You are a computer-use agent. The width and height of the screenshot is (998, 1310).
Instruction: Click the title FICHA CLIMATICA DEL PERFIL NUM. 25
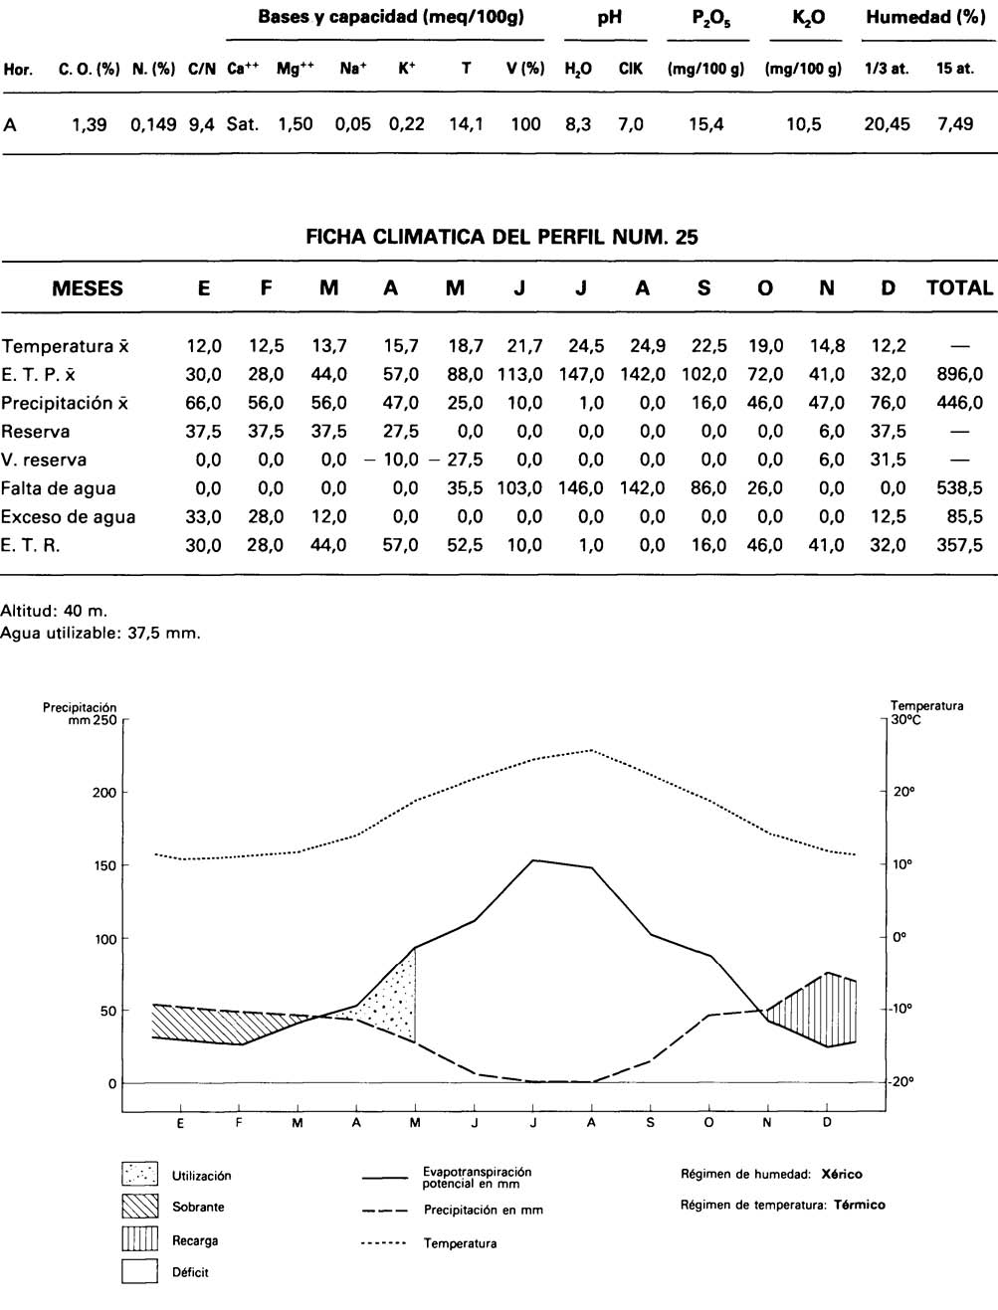click(x=501, y=237)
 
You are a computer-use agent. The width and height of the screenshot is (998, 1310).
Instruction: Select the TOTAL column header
click(x=959, y=288)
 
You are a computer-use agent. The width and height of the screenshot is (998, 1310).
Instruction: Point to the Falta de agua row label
click(x=58, y=488)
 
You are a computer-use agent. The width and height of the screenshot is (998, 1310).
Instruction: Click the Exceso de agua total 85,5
click(x=965, y=517)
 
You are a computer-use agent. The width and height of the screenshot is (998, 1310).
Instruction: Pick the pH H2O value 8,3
click(x=578, y=124)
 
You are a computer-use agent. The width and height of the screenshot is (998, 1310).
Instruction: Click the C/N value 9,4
click(x=201, y=124)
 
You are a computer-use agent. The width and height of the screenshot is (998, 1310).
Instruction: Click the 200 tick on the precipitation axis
click(x=104, y=793)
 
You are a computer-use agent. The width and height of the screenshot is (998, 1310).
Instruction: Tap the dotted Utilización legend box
click(x=140, y=1175)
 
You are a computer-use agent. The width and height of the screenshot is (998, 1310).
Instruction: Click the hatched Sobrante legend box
click(x=140, y=1207)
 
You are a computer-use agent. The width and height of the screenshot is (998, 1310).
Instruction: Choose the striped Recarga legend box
click(x=140, y=1239)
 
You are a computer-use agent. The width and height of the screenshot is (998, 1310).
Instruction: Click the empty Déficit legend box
click(x=140, y=1271)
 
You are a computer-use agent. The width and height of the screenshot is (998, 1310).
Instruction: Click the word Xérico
click(x=842, y=1174)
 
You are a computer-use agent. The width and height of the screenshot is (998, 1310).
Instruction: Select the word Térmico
click(x=859, y=1205)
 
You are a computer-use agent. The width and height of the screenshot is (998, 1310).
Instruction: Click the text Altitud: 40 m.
click(x=54, y=611)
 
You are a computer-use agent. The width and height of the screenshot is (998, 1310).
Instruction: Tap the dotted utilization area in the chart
click(x=393, y=1000)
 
